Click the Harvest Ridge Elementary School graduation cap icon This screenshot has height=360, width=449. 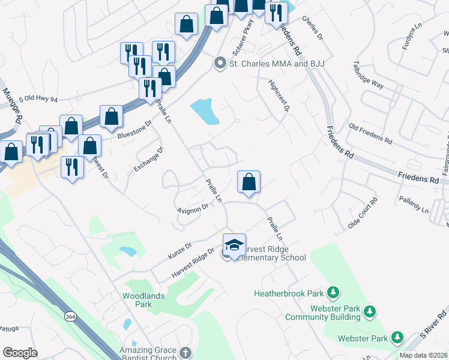235,245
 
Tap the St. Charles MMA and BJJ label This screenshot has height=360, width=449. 268,62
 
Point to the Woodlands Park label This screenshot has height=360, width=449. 137,300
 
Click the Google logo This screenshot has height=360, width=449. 20,353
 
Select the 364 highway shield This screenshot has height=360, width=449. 71,317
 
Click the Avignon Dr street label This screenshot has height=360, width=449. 192,208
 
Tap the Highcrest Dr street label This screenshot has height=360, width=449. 280,96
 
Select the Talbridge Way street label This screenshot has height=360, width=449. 369,74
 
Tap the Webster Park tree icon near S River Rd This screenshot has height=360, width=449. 396,338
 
